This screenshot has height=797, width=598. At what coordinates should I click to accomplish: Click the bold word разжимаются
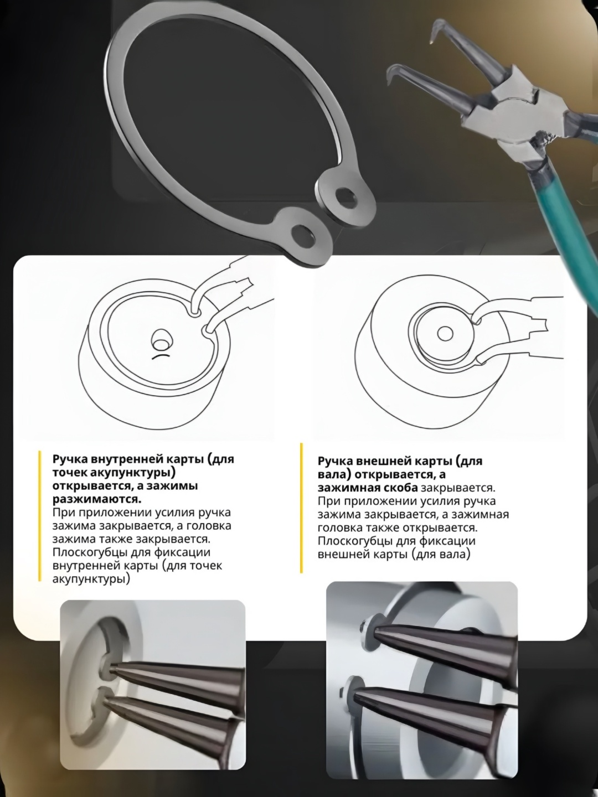click(97, 500)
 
